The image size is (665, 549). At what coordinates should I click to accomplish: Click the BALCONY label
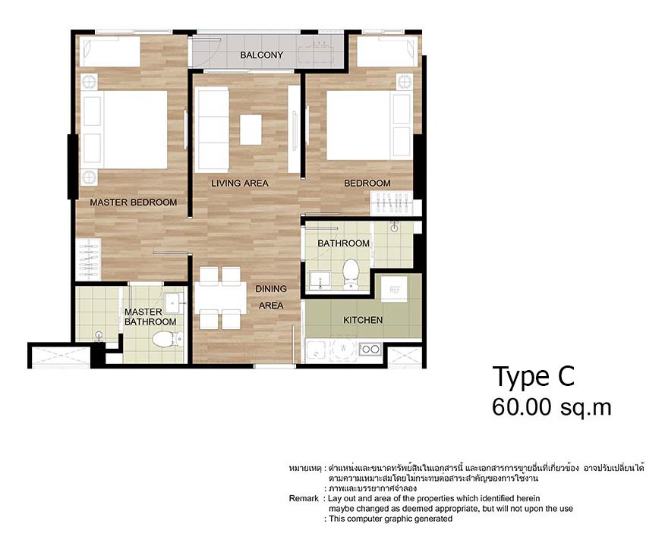[261, 55]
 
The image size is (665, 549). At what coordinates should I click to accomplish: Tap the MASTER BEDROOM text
[134, 202]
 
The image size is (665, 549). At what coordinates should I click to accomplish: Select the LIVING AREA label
[240, 183]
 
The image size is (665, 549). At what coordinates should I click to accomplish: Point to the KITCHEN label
[363, 320]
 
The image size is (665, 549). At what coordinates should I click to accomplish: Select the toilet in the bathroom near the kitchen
[351, 273]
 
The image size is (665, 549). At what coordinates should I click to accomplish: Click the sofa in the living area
[213, 128]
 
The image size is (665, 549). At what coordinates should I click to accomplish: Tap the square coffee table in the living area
[251, 129]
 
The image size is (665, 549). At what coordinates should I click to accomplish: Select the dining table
[219, 298]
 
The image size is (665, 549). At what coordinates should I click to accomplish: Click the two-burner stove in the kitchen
[370, 350]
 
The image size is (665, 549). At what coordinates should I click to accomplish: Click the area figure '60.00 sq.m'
[551, 407]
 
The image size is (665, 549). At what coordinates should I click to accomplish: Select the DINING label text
[271, 289]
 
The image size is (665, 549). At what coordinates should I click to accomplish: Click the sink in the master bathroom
[175, 303]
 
